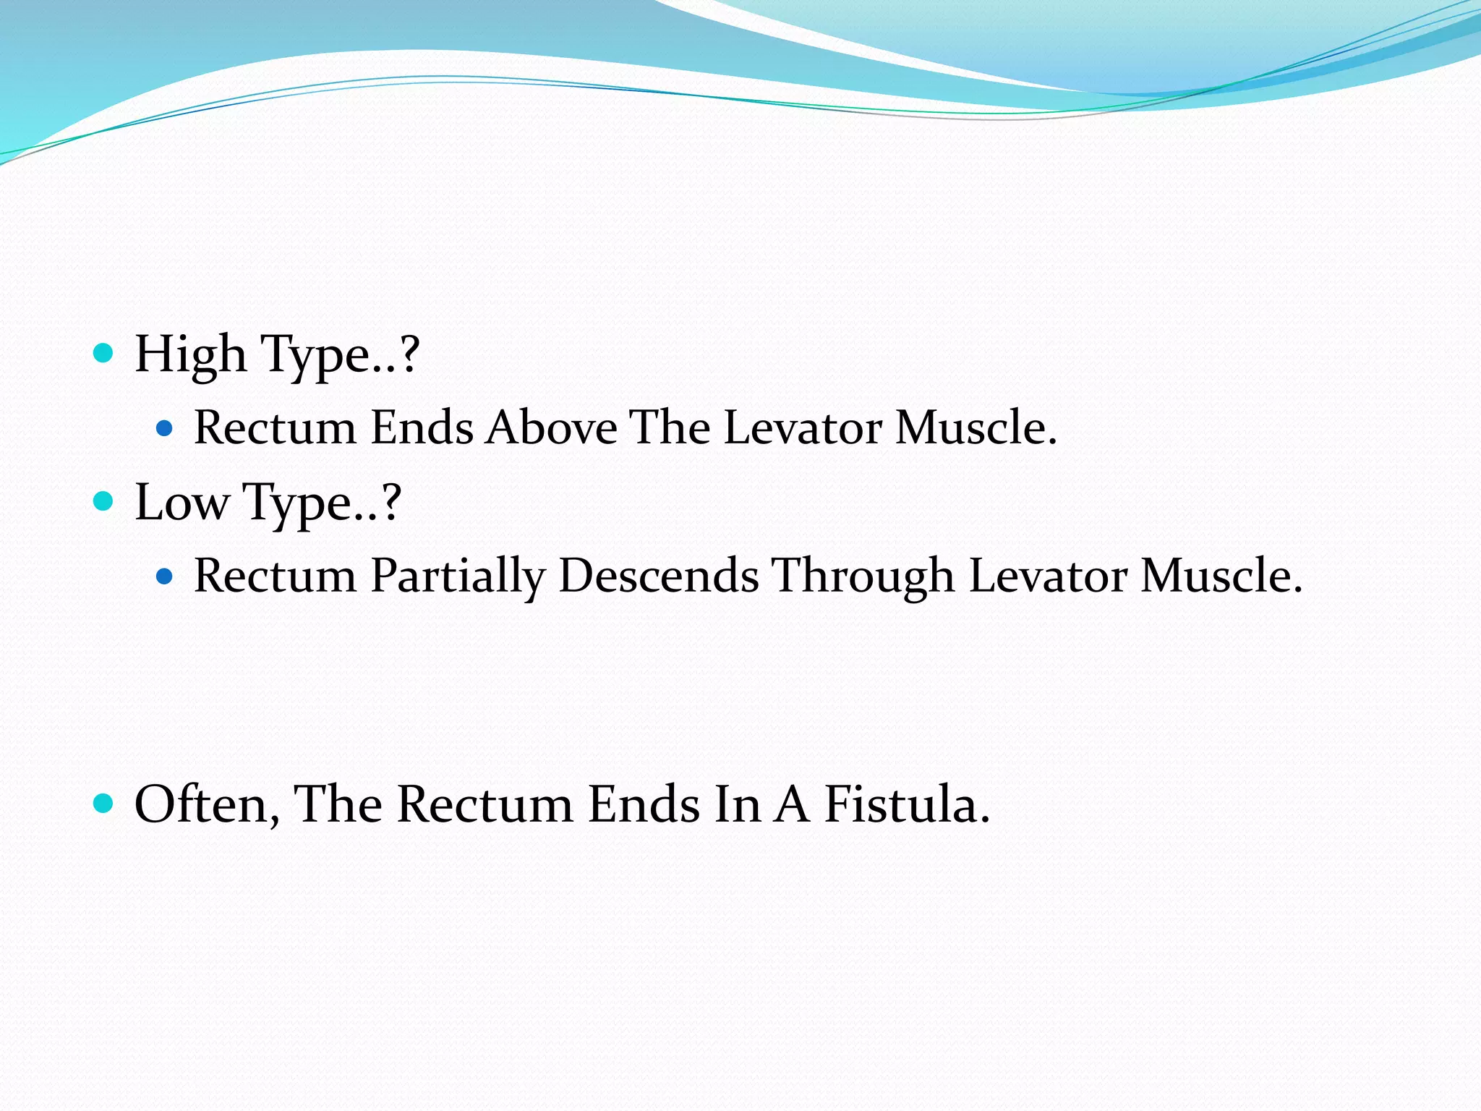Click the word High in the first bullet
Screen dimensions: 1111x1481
tap(190, 355)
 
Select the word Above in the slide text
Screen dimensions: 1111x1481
tap(551, 427)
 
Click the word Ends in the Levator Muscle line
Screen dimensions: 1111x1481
tap(422, 427)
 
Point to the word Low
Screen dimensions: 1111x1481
tap(181, 503)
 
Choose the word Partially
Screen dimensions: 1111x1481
tap(457, 576)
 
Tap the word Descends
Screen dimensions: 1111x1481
tap(658, 576)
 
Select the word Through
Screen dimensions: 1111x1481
tap(863, 576)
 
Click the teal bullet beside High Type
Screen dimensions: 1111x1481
tap(104, 353)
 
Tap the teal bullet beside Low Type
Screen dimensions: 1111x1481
tap(104, 501)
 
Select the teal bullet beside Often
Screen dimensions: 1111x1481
tap(104, 803)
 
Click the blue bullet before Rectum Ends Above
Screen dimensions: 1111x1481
tap(165, 428)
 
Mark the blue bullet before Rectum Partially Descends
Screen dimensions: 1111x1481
tap(165, 576)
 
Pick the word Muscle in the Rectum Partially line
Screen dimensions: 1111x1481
tap(1221, 576)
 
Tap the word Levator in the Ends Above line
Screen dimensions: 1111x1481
tap(803, 427)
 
